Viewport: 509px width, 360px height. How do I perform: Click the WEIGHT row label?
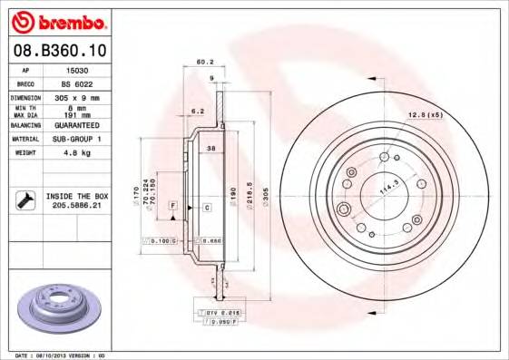tap(24, 153)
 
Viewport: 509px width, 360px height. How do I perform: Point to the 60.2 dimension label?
tap(204, 63)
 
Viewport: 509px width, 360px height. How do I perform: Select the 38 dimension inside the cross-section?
tap(210, 147)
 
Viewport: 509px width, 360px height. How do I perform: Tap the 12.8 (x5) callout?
tap(425, 114)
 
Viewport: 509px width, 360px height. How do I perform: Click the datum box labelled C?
tap(207, 208)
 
